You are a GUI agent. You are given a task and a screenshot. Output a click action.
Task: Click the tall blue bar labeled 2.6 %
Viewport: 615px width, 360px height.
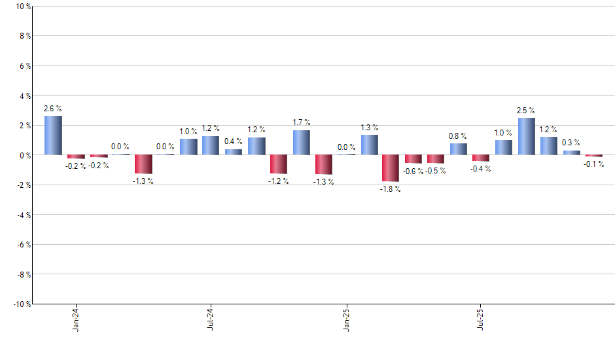point(53,135)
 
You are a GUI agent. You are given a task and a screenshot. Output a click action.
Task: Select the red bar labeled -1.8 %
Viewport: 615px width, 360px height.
point(391,168)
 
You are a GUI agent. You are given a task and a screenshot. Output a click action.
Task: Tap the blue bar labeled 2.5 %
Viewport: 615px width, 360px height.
point(526,136)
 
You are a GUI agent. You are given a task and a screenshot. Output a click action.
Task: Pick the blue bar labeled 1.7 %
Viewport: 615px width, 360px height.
point(301,143)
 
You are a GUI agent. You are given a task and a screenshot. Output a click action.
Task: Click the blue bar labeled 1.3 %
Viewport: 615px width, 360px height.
point(369,145)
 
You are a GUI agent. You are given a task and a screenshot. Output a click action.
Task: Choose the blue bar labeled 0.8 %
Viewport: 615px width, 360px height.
point(458,149)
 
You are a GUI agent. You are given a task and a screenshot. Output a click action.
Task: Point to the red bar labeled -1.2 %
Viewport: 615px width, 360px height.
point(279,164)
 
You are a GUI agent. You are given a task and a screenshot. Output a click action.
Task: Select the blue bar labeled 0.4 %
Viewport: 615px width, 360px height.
point(234,152)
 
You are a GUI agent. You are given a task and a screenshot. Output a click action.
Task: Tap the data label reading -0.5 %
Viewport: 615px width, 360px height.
point(436,171)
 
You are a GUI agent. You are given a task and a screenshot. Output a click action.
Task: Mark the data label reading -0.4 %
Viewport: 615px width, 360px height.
point(481,169)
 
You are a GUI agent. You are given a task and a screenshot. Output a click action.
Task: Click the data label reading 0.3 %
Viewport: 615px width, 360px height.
point(571,143)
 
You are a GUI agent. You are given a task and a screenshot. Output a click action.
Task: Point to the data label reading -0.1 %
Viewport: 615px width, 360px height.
point(594,164)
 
